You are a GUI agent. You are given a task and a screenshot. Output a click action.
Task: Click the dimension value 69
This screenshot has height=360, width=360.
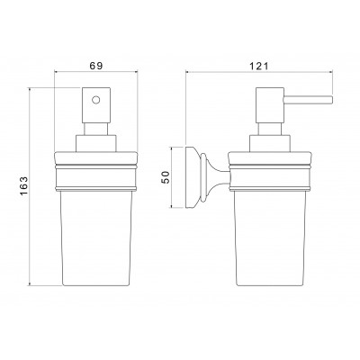click(x=96, y=66)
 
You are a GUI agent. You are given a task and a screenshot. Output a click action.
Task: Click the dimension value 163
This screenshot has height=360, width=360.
click(x=23, y=186)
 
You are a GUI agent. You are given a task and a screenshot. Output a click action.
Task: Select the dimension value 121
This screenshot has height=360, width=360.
click(x=259, y=66)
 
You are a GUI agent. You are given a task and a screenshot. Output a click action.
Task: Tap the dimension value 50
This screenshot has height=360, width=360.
click(x=166, y=177)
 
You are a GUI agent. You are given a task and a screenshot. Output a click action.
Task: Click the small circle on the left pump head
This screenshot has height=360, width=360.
click(x=96, y=100)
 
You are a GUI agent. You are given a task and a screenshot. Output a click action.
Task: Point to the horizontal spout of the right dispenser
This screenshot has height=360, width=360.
click(x=308, y=100)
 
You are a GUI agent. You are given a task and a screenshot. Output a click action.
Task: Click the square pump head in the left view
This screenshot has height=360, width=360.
click(x=96, y=105)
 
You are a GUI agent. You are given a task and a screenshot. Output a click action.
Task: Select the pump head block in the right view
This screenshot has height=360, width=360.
click(x=270, y=105)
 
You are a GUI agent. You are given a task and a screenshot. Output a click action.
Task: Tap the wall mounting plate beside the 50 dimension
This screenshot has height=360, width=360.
click(x=191, y=177)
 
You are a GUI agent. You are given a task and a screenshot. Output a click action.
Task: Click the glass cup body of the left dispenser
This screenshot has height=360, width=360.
click(x=96, y=238)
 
